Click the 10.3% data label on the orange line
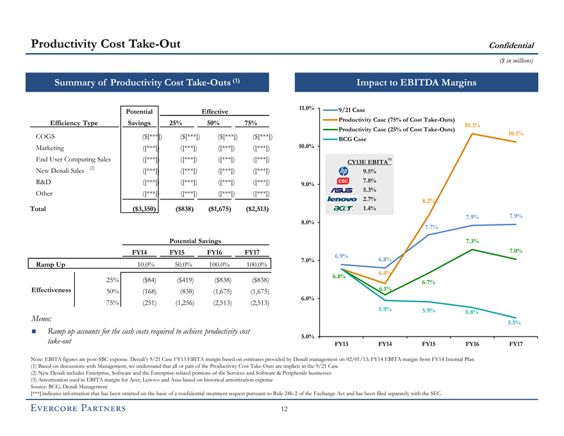tap(472, 125)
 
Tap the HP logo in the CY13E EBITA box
tap(342, 171)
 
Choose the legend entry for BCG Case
tap(352, 139)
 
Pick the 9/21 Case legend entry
tap(350, 110)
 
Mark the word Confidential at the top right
tap(511, 45)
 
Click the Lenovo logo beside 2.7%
tap(342, 199)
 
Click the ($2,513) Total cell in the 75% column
tap(256, 209)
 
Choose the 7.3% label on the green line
tap(472, 240)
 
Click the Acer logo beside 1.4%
tap(342, 209)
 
